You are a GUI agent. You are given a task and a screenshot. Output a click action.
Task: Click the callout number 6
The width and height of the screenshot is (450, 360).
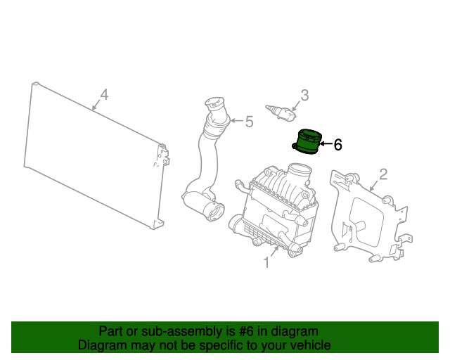[338, 144]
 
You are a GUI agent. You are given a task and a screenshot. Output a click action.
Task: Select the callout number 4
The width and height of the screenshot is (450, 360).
[104, 95]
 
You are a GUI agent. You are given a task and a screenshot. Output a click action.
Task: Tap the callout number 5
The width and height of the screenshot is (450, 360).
[249, 122]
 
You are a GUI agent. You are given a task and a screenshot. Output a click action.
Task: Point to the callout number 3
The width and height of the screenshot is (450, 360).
[304, 96]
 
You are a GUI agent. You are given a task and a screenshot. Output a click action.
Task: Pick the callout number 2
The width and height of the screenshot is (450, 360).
[383, 174]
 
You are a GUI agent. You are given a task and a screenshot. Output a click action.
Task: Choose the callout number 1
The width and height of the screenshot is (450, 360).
[266, 262]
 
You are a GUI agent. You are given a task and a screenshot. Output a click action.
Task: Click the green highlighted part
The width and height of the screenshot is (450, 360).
[307, 143]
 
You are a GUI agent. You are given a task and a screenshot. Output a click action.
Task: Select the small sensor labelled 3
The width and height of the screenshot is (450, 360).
[281, 112]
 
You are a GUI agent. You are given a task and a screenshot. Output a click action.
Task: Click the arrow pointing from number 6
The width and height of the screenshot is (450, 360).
[326, 143]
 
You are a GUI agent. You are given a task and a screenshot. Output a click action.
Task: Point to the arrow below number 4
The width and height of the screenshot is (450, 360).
[96, 105]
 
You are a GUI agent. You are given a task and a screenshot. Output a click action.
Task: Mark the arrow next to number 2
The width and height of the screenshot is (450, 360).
[374, 185]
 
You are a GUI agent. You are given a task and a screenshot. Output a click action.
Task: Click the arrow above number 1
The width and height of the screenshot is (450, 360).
[275, 252]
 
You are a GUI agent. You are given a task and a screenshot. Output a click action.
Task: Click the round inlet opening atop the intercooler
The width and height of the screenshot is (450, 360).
[300, 172]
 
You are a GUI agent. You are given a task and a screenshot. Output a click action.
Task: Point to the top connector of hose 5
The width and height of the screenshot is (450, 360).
[215, 104]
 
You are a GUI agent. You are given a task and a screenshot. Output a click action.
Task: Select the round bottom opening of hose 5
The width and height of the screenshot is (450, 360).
[213, 212]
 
